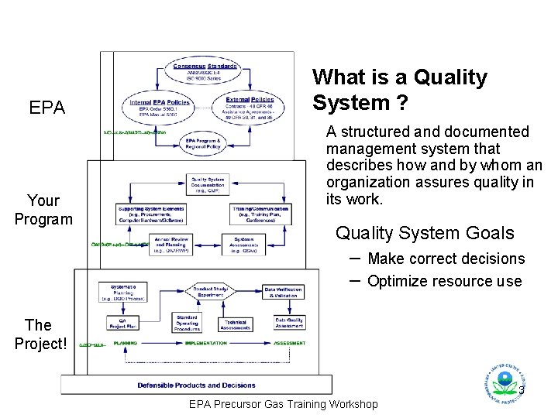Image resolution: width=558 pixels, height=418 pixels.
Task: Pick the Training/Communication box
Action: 260,214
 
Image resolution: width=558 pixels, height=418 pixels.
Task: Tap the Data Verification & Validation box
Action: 282,293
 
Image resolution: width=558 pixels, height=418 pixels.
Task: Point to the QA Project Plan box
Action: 122,324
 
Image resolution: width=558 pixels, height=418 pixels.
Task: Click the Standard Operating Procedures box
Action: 187,323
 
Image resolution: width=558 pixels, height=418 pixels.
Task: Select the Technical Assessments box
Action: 235,324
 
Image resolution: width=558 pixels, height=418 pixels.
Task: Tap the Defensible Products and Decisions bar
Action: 196,385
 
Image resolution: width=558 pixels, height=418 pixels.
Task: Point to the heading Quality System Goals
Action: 424,233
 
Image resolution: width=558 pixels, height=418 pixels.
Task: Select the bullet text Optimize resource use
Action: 444,281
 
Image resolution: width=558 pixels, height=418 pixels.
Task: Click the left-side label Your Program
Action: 43,210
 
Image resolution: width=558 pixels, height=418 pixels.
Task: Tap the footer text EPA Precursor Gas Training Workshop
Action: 284,404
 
